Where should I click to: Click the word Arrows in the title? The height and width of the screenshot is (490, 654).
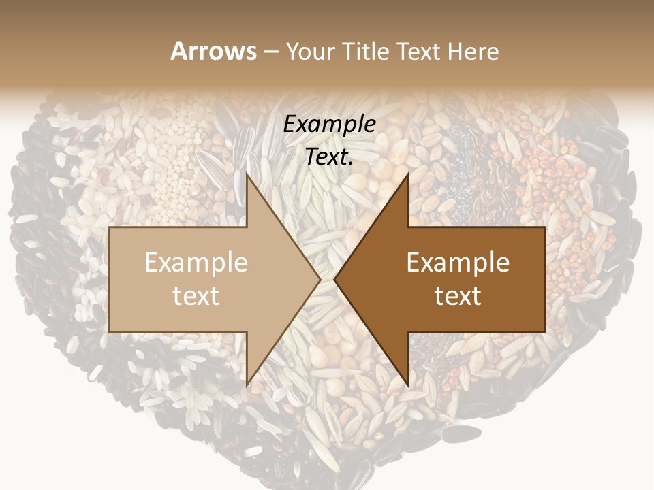(x=214, y=51)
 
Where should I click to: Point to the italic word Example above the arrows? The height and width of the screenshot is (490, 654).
(x=330, y=125)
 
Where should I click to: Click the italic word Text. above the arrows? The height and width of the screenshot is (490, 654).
(x=330, y=157)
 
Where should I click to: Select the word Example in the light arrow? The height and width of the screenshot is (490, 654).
(x=196, y=263)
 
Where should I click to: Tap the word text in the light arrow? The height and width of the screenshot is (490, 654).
(x=196, y=296)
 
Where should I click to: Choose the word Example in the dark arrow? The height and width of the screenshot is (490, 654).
(x=458, y=263)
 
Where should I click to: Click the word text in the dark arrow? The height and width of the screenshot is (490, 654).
(x=458, y=296)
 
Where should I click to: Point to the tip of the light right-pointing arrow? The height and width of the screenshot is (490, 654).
(x=321, y=280)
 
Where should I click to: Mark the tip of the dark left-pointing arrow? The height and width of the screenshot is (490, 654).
(x=334, y=280)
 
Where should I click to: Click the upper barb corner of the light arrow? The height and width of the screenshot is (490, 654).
(x=247, y=174)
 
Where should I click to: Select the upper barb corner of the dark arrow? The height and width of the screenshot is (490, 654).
(x=408, y=174)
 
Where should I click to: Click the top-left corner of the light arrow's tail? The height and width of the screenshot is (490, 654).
(x=110, y=227)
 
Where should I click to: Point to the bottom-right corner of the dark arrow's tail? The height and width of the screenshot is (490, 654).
(x=545, y=332)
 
